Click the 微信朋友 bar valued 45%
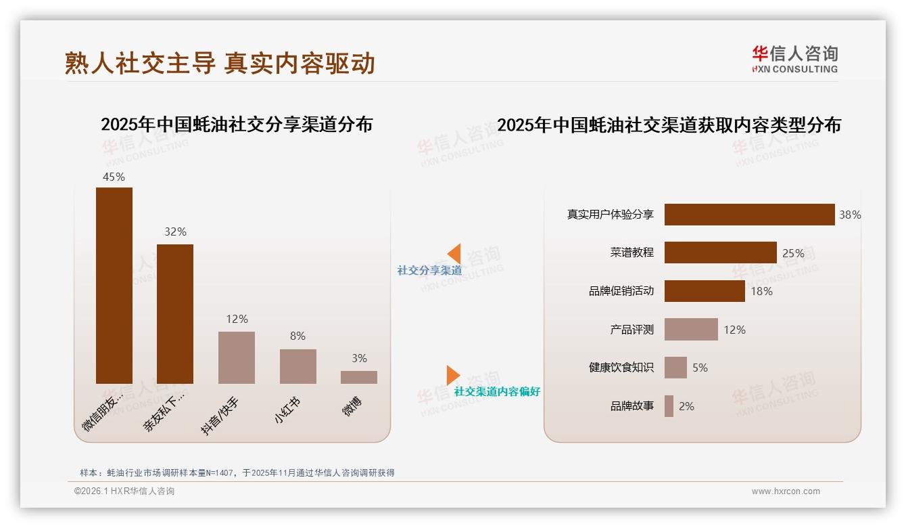click(114, 285)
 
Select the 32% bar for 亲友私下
click(175, 313)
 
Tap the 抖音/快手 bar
click(237, 357)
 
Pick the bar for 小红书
click(297, 366)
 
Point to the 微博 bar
click(359, 377)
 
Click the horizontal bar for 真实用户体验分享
click(749, 215)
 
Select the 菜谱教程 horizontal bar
click(720, 252)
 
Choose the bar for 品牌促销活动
click(705, 291)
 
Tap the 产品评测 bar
click(691, 330)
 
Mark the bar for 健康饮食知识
click(675, 368)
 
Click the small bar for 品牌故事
click(669, 406)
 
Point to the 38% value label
click(850, 215)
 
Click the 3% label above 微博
click(359, 358)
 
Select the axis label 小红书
click(287, 411)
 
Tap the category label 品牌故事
click(632, 406)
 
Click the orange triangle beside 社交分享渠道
click(455, 254)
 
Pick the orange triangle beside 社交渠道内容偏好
click(452, 375)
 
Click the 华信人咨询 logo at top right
click(794, 59)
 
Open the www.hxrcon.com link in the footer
click(786, 491)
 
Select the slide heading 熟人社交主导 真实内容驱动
click(220, 63)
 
